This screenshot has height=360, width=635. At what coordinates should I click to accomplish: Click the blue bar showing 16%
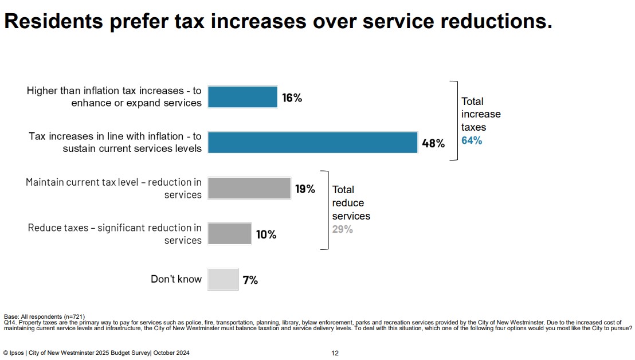pyautogui.click(x=242, y=97)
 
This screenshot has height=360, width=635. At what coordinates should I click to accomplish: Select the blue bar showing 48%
pyautogui.click(x=312, y=143)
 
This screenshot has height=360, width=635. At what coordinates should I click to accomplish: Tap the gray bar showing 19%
pyautogui.click(x=249, y=188)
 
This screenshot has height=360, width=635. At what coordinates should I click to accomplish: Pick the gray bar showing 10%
pyautogui.click(x=229, y=234)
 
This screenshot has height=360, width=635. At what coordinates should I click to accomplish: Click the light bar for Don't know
pyautogui.click(x=222, y=279)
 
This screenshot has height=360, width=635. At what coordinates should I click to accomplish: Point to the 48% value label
pyautogui.click(x=433, y=143)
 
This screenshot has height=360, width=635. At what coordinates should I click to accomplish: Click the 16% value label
pyautogui.click(x=292, y=98)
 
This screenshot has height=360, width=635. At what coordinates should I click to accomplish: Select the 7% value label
pyautogui.click(x=250, y=280)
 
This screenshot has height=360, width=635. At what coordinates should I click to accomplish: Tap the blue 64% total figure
pyautogui.click(x=472, y=140)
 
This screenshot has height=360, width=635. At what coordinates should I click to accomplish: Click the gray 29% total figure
pyautogui.click(x=343, y=229)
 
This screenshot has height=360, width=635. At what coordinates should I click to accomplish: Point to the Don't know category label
pyautogui.click(x=176, y=279)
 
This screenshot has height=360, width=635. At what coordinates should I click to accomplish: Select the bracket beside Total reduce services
pyautogui.click(x=326, y=210)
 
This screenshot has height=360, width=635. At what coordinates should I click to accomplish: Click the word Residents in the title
pyautogui.click(x=51, y=21)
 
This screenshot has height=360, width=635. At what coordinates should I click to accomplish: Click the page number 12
pyautogui.click(x=335, y=353)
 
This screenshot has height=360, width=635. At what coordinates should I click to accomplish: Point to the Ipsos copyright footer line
pyautogui.click(x=96, y=353)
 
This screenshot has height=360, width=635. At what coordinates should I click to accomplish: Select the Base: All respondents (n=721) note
pyautogui.click(x=44, y=316)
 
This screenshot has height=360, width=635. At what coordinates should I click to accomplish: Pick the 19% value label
pyautogui.click(x=305, y=189)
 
